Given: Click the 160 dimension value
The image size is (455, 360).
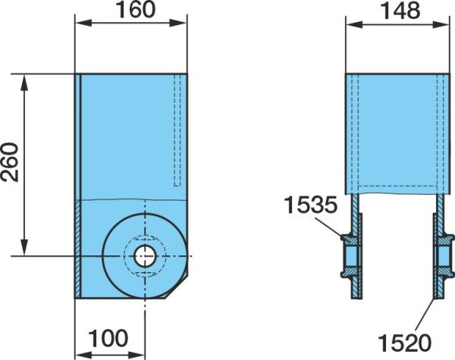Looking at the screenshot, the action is (x=135, y=10).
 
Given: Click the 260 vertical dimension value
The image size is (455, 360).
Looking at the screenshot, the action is (x=9, y=162).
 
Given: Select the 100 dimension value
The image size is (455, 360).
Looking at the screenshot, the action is (x=108, y=338).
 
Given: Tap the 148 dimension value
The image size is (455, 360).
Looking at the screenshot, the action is (x=400, y=11).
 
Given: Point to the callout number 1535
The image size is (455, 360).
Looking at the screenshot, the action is (x=311, y=205).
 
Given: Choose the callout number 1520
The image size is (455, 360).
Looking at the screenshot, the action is (x=405, y=343).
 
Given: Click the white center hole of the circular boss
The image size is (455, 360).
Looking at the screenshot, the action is (x=145, y=256).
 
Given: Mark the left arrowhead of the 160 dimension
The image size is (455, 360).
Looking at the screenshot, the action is (x=83, y=23).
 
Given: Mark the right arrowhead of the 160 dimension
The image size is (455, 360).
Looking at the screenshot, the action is (x=178, y=23).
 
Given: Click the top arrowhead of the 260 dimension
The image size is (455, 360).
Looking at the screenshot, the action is (x=24, y=83).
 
